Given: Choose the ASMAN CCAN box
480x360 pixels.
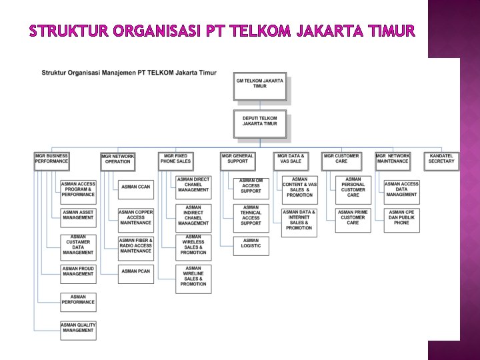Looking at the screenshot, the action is (136, 187).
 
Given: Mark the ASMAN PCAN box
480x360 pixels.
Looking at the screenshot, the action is (136, 271).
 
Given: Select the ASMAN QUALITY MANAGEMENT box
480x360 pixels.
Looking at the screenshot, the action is (78, 327).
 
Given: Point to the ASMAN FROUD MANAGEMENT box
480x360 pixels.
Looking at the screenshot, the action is (78, 271).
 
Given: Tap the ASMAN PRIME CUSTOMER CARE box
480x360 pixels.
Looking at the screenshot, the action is (353, 217).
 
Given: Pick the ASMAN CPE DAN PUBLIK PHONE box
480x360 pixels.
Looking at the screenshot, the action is (401, 217).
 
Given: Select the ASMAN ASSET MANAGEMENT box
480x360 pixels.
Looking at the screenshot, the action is (78, 215).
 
